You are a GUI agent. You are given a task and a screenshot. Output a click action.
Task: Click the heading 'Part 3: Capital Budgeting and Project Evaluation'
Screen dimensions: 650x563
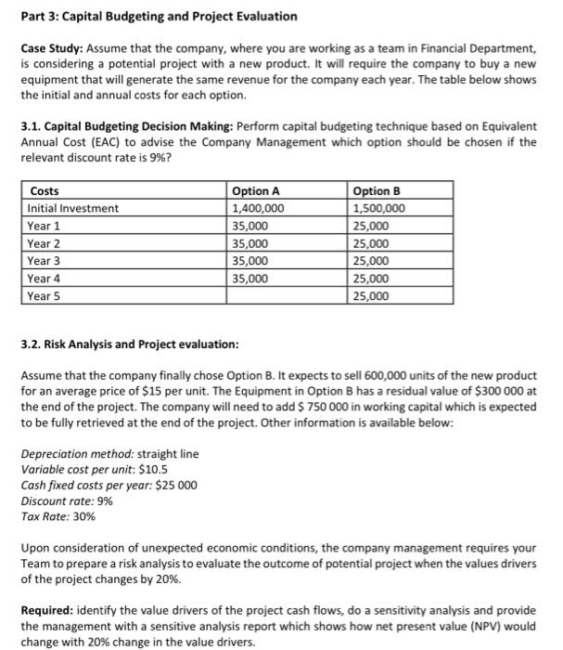tap(159, 17)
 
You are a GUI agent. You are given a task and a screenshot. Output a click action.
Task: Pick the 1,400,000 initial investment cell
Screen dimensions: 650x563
tap(258, 209)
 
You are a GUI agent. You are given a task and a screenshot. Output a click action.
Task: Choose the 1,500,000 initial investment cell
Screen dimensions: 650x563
tap(379, 209)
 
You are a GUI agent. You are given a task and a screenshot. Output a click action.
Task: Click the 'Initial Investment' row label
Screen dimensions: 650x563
tap(73, 209)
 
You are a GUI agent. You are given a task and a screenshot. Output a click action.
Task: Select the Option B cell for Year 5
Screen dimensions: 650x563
tap(372, 296)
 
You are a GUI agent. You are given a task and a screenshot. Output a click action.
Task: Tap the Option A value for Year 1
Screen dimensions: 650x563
tap(250, 227)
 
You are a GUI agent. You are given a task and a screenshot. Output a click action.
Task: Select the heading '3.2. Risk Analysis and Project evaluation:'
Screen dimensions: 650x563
tap(129, 344)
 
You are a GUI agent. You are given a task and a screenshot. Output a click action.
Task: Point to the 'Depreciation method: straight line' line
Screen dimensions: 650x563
tap(109, 454)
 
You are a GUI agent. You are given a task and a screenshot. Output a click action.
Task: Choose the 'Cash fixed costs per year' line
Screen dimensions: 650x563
tap(108, 485)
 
